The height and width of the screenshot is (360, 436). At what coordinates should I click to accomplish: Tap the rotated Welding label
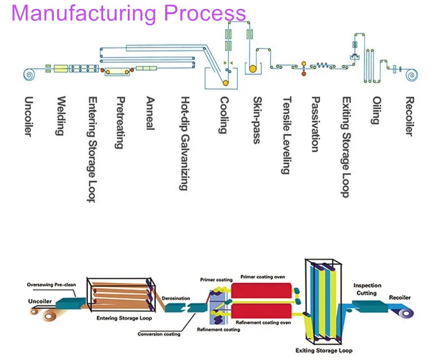coord(60,117)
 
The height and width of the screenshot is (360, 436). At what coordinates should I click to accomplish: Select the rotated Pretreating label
coord(119,123)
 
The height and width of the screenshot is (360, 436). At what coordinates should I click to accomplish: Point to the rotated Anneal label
coord(150,114)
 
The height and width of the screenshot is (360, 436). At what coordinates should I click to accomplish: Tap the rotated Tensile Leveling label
coord(286,135)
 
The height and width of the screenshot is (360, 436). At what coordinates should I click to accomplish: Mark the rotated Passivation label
coord(316,124)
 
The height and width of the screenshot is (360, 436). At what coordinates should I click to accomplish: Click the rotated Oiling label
coord(375,110)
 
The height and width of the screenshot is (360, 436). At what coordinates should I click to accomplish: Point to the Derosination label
coord(175,298)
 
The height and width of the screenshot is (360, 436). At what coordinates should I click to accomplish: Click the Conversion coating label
coord(159,334)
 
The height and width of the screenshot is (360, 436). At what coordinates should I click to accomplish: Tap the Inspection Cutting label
coord(367,289)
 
